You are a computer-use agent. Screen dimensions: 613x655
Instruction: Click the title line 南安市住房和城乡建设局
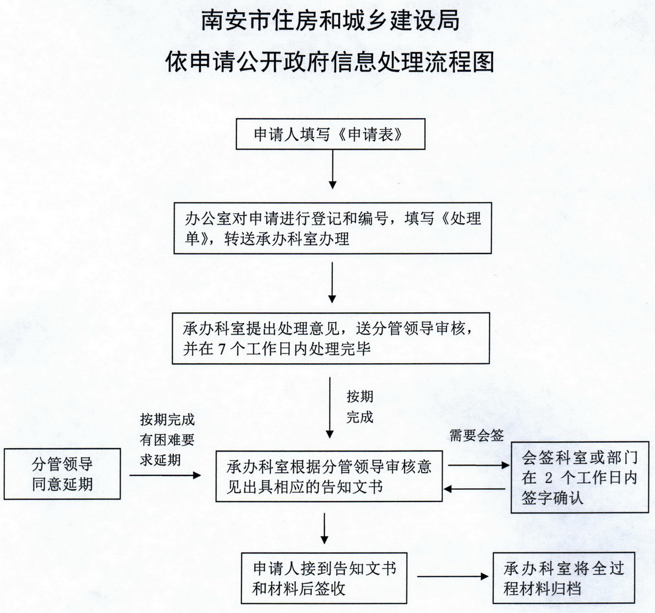coord(330,22)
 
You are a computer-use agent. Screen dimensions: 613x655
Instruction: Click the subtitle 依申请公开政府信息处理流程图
coord(330,62)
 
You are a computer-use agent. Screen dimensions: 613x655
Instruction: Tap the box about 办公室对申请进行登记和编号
coord(332,227)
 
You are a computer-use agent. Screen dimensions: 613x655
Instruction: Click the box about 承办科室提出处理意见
coord(331,338)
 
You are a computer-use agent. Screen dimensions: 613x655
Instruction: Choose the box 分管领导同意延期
coord(62,474)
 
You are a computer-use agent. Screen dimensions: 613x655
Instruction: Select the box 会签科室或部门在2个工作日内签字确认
coord(572,477)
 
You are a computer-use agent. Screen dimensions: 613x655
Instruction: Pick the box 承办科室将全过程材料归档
coord(564,578)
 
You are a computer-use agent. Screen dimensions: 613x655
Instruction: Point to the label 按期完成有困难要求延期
coord(167,440)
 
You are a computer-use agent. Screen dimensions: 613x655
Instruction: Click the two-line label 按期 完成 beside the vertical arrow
coord(360,407)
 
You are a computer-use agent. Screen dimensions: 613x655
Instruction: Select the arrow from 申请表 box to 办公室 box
coord(332,170)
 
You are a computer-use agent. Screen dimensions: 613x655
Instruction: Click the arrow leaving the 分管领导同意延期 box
coord(164,475)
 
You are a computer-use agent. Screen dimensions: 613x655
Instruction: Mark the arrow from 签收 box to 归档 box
coord(452,576)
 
